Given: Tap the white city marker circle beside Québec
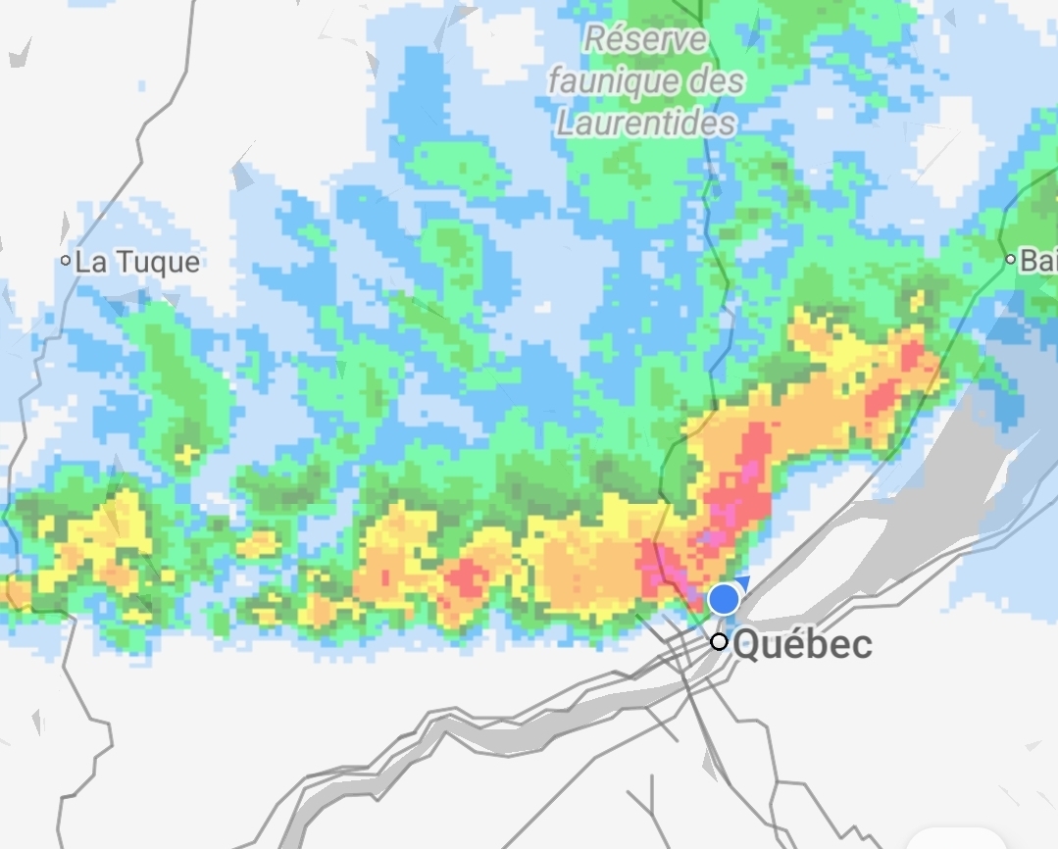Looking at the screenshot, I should tap(720, 641).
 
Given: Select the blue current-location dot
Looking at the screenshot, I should tap(724, 598).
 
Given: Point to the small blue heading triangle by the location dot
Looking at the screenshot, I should tap(742, 583).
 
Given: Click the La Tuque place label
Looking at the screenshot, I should tap(137, 262).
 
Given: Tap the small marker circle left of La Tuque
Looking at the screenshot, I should tap(66, 261).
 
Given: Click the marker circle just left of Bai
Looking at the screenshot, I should tap(1010, 260).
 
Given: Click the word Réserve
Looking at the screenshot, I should tap(645, 40).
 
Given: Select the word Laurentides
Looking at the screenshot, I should tap(645, 124).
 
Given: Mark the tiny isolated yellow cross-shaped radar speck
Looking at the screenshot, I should tap(184, 454).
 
